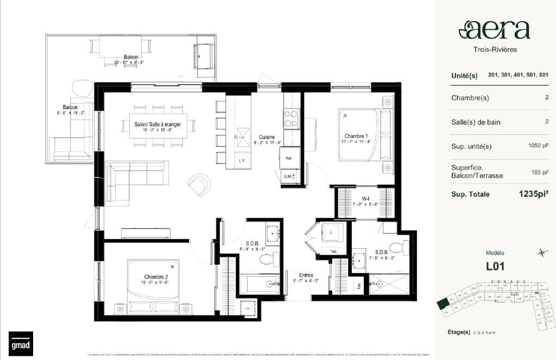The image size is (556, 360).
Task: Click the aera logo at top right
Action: click(x=494, y=30)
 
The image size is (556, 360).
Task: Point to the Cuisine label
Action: click(x=266, y=137)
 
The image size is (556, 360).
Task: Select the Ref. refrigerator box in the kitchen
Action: click(x=289, y=158)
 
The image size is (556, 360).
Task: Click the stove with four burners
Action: click(x=291, y=118)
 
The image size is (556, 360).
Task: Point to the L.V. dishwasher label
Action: click(x=242, y=161)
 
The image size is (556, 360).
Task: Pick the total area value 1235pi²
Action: click(x=534, y=194)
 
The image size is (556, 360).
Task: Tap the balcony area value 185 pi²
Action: click(x=540, y=172)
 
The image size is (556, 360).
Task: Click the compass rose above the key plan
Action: click(x=541, y=252)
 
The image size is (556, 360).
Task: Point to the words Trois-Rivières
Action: click(x=494, y=49)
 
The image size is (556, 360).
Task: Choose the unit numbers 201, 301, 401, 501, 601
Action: click(x=518, y=75)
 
